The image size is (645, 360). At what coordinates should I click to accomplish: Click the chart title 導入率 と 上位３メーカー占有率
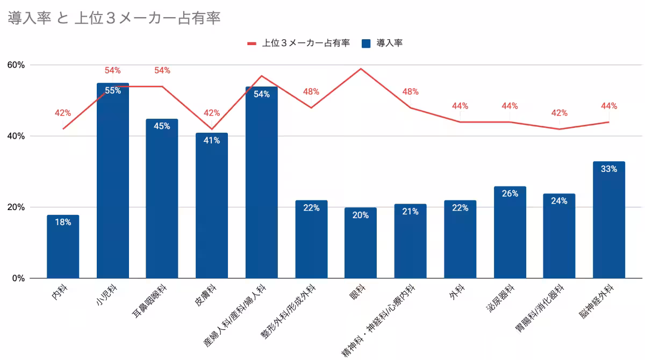click(114, 18)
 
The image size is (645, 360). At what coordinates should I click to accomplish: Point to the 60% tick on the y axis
click(16, 65)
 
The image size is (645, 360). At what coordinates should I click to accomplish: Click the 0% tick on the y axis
click(18, 278)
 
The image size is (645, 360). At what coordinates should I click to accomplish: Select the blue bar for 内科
click(63, 247)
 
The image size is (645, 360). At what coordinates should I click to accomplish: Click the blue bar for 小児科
click(112, 183)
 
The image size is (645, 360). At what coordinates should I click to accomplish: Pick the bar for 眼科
click(360, 244)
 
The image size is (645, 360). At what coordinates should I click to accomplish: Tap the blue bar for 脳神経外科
click(608, 220)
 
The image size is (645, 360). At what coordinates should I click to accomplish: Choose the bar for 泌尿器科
click(510, 234)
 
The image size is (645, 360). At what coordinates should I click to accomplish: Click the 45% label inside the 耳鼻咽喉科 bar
click(162, 126)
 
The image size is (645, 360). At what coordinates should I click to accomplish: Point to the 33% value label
click(608, 169)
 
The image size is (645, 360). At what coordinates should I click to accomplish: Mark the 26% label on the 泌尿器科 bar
click(510, 193)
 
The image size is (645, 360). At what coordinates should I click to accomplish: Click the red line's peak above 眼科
click(360, 69)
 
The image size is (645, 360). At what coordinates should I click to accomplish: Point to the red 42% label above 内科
click(63, 113)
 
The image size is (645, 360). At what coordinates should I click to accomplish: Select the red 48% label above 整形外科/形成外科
click(311, 91)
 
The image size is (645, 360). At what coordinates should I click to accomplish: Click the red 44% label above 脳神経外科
click(608, 106)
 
